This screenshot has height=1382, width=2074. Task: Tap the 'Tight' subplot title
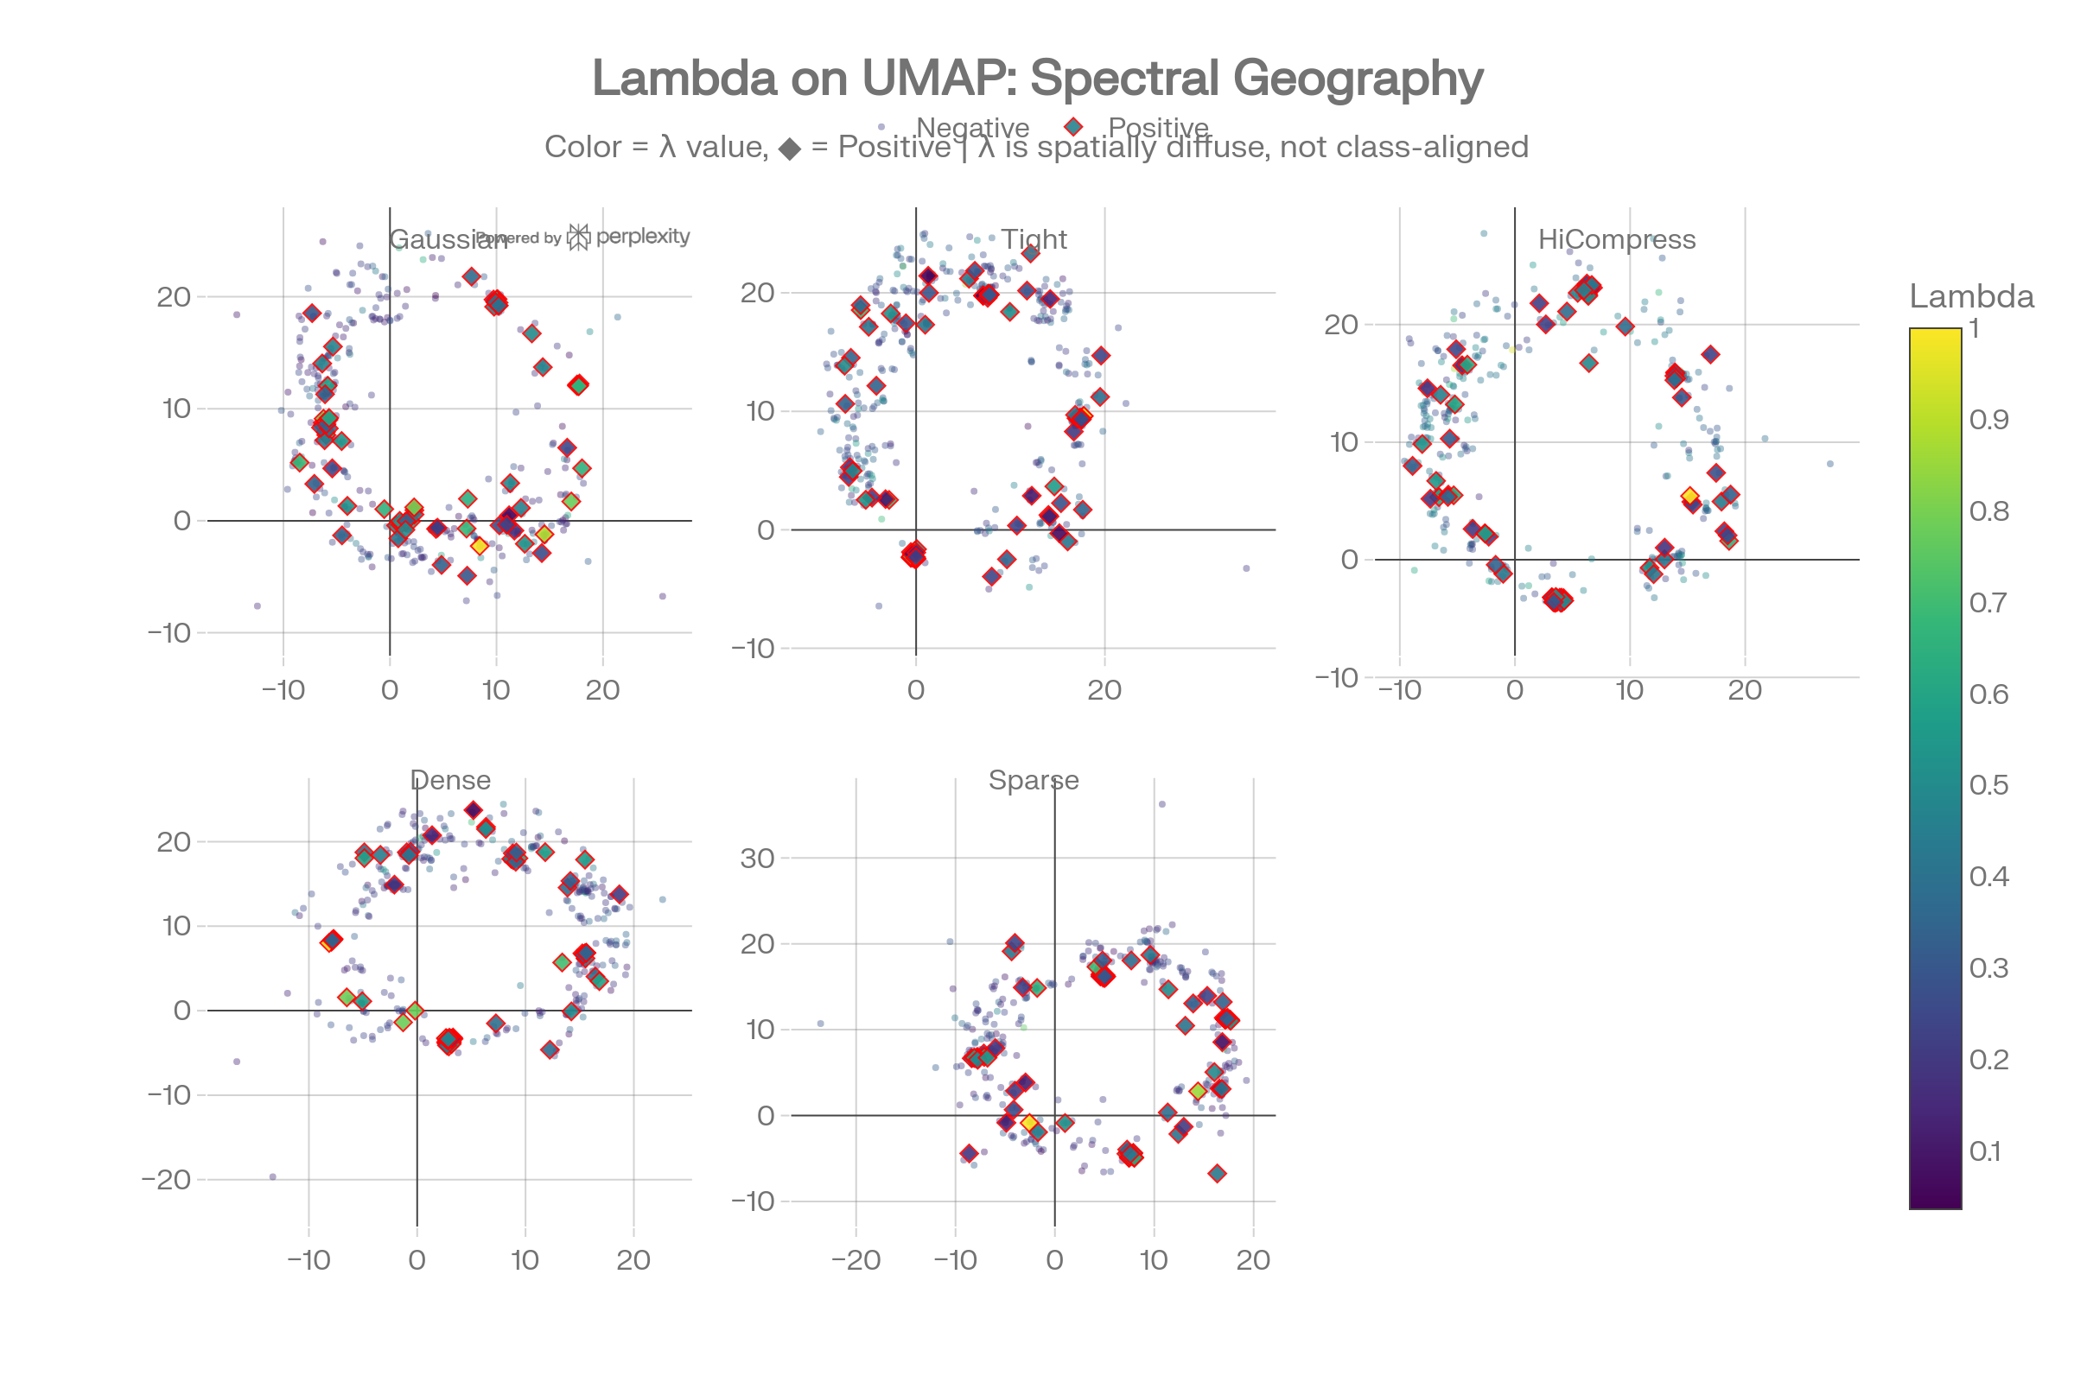(1034, 239)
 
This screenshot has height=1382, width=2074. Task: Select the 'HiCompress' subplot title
(1616, 239)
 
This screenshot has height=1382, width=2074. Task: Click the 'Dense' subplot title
(449, 780)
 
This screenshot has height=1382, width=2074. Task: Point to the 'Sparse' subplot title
(1034, 780)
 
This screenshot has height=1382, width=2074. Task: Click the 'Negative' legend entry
(971, 128)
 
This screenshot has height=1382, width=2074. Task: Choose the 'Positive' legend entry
(1157, 128)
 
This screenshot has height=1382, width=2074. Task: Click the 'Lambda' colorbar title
(1971, 296)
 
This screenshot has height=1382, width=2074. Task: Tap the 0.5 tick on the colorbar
(1988, 785)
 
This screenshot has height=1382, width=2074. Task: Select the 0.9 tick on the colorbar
(1988, 420)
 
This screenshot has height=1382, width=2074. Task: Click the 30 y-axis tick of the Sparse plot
(758, 859)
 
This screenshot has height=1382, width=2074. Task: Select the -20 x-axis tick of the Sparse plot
(856, 1260)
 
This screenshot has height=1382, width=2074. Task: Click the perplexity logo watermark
(628, 236)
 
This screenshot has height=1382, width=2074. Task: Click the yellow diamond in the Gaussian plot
(479, 547)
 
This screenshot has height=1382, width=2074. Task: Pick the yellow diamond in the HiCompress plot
(1689, 496)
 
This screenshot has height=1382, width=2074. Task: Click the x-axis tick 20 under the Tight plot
(1104, 690)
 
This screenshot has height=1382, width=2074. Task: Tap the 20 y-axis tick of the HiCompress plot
(1340, 325)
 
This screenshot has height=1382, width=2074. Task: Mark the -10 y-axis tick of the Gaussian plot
(169, 633)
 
